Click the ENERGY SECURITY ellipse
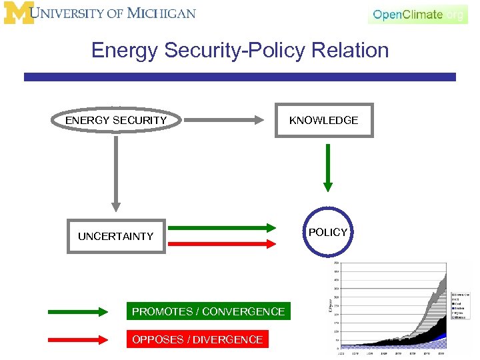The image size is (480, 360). [116, 121]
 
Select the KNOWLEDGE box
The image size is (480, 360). [324, 121]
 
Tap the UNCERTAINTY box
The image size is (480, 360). [115, 236]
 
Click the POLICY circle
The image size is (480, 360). [328, 232]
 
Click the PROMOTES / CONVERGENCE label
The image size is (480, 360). [208, 311]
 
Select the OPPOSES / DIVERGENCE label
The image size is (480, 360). [197, 339]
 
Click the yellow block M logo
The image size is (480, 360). [18, 13]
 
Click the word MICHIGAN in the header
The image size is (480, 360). [161, 13]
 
